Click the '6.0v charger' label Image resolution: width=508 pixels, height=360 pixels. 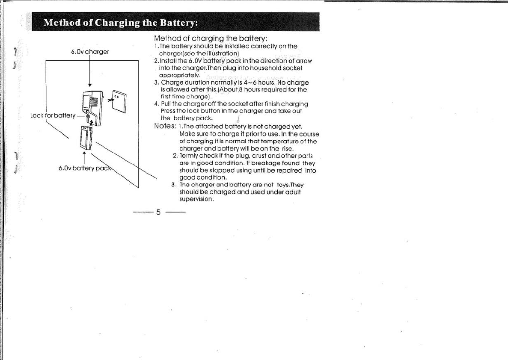[x=90, y=52]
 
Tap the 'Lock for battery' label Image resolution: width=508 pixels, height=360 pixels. [x=53, y=115]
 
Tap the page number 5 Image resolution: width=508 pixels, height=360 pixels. [x=158, y=212]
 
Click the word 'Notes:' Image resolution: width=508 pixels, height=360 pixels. [x=166, y=126]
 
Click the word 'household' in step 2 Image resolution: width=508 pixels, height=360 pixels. [x=260, y=68]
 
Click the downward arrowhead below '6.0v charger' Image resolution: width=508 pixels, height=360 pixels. [x=89, y=85]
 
